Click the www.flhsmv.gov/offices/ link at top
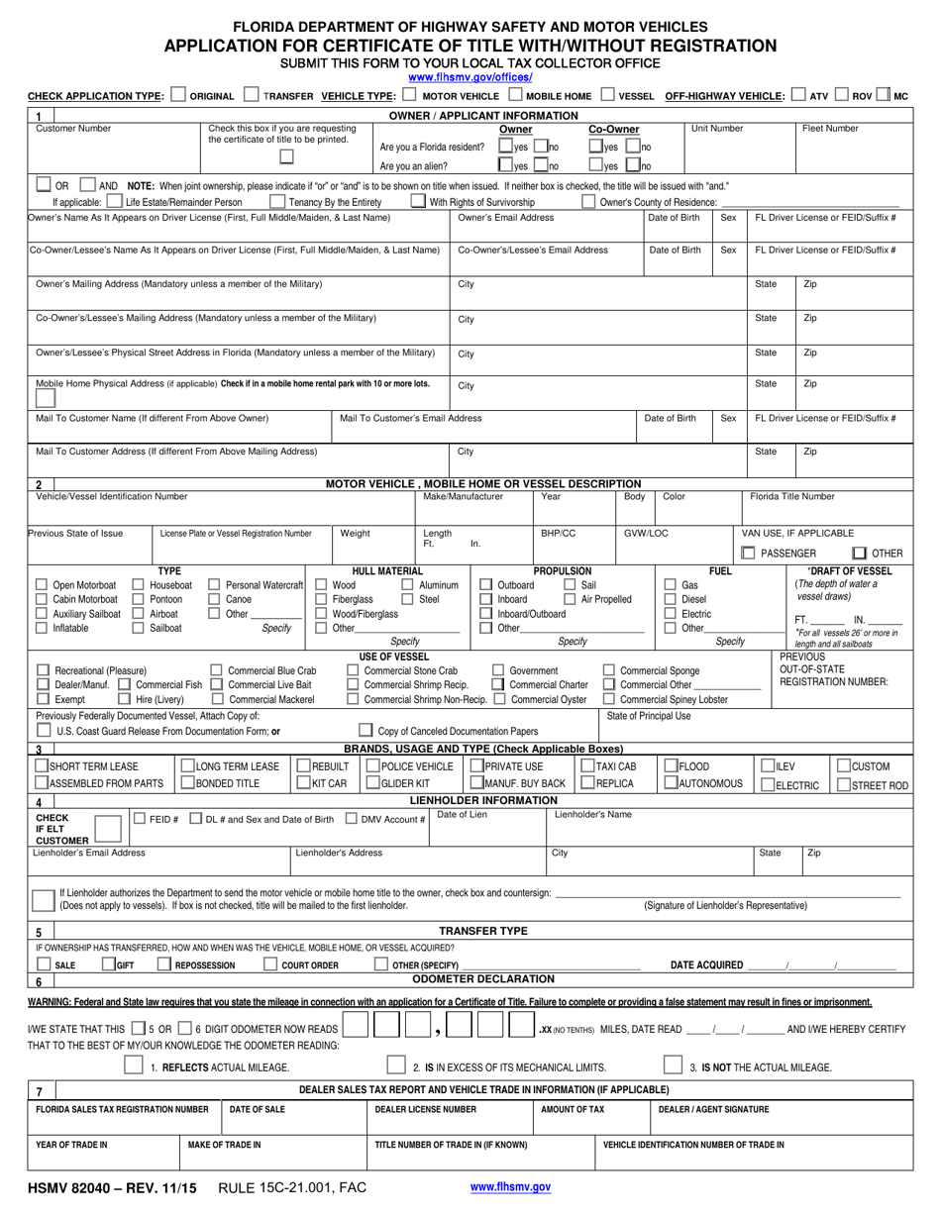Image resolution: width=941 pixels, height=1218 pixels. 470,77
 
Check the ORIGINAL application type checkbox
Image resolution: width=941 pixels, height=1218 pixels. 177,96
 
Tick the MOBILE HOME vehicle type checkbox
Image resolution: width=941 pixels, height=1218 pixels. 515,96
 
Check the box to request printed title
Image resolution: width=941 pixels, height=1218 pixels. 286,155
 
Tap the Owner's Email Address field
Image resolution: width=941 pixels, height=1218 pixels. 545,230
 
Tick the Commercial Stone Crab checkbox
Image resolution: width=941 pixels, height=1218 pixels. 354,669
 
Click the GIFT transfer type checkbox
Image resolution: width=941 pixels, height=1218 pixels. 108,964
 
